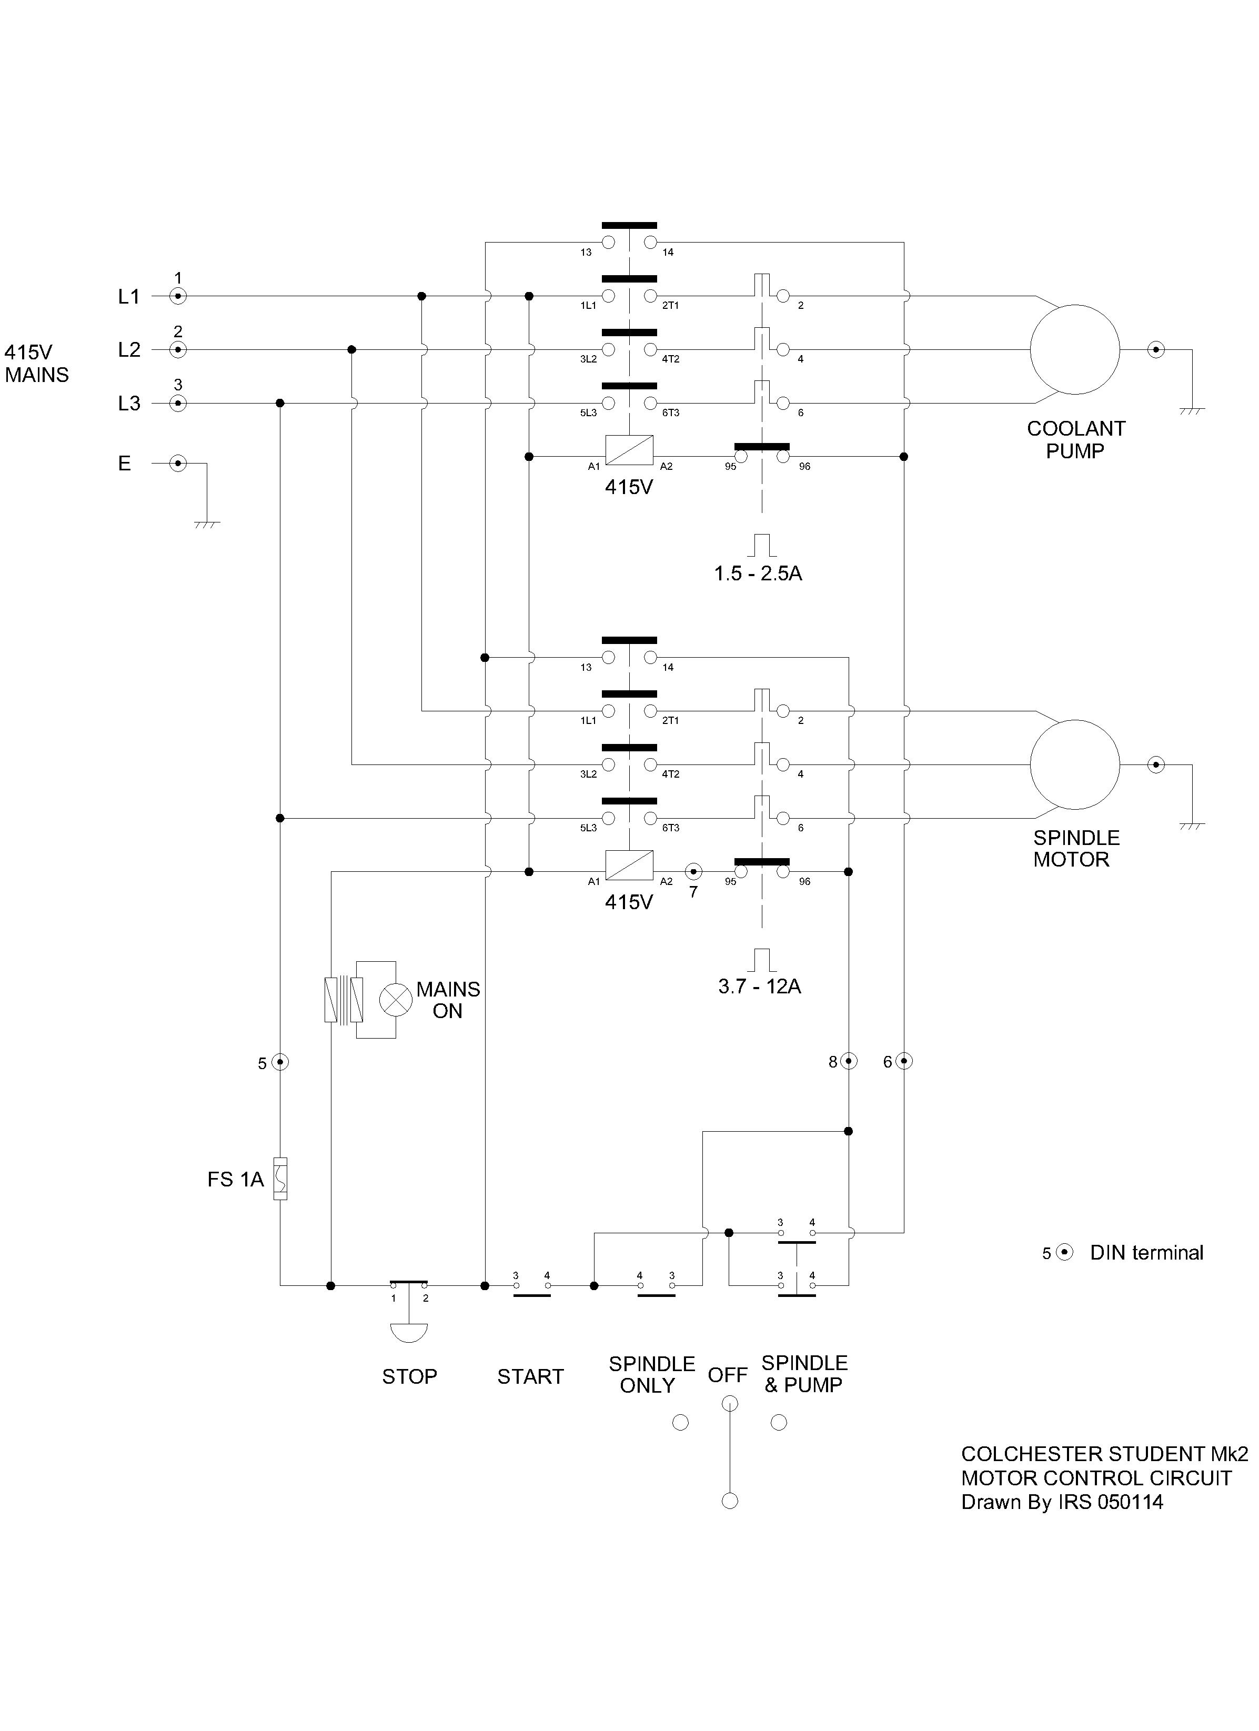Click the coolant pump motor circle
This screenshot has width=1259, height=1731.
pyautogui.click(x=1074, y=349)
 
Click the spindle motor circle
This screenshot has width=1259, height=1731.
pyautogui.click(x=1074, y=764)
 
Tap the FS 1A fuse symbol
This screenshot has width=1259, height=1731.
pyautogui.click(x=280, y=1179)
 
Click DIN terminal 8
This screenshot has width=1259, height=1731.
pyautogui.click(x=849, y=1061)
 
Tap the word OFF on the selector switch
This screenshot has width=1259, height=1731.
pyautogui.click(x=727, y=1375)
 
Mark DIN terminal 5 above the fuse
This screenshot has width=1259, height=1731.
pyautogui.click(x=280, y=1062)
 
